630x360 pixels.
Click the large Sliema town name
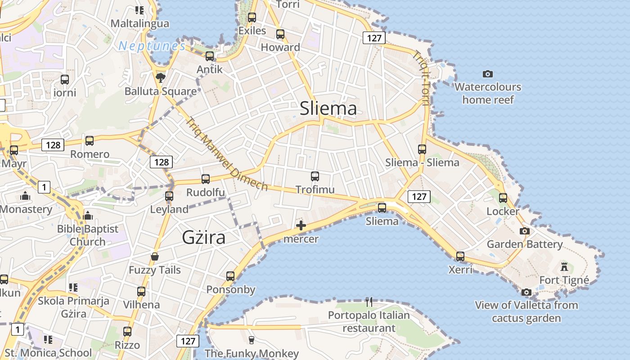pos(328,108)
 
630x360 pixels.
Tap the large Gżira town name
pos(203,237)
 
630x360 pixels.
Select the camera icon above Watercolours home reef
pos(487,74)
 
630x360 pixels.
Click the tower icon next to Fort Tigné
pos(564,267)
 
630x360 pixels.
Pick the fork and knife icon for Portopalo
pos(369,301)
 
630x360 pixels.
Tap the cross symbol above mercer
pos(301,225)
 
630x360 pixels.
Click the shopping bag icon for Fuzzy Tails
pos(155,257)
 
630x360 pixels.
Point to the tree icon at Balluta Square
pos(160,78)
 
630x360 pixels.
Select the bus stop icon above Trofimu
pos(315,176)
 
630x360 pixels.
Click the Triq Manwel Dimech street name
pos(227,154)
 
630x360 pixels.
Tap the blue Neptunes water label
pos(152,46)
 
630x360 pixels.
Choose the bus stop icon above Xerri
pos(460,256)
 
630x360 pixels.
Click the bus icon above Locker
pos(503,198)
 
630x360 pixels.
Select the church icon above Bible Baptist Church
pos(88,216)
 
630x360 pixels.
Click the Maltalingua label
pos(140,23)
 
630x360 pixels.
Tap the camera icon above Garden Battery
pos(525,231)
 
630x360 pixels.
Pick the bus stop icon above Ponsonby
pos(230,276)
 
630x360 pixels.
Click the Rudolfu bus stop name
pos(206,193)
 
